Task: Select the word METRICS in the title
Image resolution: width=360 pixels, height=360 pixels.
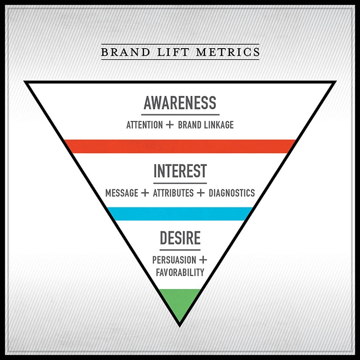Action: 228,51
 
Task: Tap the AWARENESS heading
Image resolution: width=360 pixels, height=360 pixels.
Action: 180,103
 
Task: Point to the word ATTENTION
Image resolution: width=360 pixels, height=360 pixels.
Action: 145,125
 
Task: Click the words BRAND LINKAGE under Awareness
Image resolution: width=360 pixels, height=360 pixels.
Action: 206,125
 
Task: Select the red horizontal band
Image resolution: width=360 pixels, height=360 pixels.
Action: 180,146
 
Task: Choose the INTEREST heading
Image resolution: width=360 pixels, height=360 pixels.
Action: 180,171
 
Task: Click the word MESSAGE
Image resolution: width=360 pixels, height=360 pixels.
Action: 122,193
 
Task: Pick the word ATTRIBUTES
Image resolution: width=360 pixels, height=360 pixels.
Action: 173,193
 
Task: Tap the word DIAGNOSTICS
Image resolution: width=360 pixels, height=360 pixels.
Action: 232,193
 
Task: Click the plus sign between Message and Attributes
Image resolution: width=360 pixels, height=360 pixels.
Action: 145,193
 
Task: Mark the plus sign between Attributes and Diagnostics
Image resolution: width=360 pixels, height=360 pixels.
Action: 201,193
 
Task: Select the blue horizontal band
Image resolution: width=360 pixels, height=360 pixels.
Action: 180,213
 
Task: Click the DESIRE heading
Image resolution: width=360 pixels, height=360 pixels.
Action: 180,238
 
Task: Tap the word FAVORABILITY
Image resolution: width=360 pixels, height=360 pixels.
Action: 180,272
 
